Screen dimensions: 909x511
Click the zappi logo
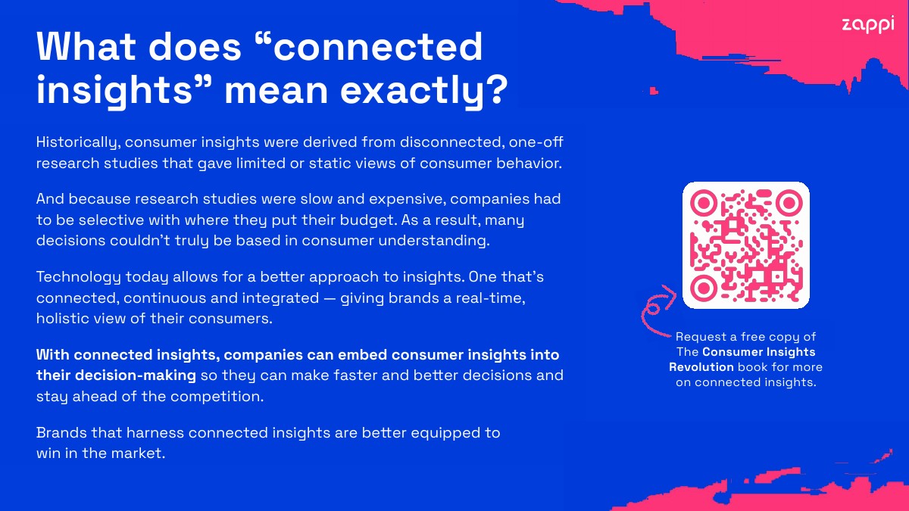(868, 25)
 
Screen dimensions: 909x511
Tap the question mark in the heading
(496, 89)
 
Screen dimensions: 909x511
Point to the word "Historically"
(78, 143)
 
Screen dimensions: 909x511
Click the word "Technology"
(78, 278)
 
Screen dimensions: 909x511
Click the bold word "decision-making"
(136, 375)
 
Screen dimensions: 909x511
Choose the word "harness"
(155, 433)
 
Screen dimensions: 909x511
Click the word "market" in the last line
(138, 453)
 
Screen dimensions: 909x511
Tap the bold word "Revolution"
(701, 367)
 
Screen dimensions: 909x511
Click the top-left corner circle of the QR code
(703, 202)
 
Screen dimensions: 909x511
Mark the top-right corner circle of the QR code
(789, 202)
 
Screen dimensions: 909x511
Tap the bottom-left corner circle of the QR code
(703, 288)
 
